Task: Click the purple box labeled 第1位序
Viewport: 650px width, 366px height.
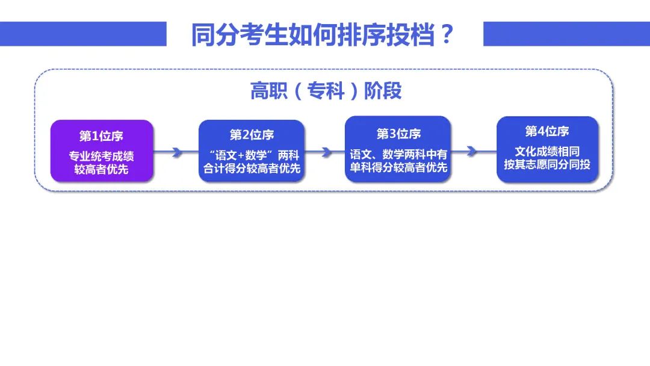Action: coord(102,151)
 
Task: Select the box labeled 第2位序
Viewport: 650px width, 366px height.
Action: coord(252,151)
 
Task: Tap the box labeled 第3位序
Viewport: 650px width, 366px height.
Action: coord(398,149)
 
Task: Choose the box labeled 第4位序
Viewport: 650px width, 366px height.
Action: coord(547,149)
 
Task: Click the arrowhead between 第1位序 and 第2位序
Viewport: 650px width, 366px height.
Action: coord(177,152)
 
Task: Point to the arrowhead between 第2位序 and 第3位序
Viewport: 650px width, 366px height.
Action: coord(327,152)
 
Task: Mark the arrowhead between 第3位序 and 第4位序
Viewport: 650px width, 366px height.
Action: coord(471,151)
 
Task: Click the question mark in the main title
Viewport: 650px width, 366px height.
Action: coord(447,34)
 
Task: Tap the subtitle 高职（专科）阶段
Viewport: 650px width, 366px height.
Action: coord(326,91)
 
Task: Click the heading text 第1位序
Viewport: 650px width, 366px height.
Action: coord(101,136)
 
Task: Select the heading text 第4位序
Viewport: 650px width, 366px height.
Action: coord(546,131)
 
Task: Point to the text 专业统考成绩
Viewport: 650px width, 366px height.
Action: coord(101,157)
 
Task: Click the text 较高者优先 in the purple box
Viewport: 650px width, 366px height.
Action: coord(101,169)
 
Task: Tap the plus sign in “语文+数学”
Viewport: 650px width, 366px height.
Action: coord(240,156)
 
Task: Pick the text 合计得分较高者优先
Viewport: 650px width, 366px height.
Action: coord(252,168)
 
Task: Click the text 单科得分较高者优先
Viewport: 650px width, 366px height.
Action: coord(398,167)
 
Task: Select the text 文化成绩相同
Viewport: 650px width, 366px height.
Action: coord(547,151)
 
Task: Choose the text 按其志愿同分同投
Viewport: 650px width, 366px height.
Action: coord(547,164)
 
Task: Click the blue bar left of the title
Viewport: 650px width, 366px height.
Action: coord(83,34)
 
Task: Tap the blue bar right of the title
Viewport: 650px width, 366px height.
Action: coord(567,34)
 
